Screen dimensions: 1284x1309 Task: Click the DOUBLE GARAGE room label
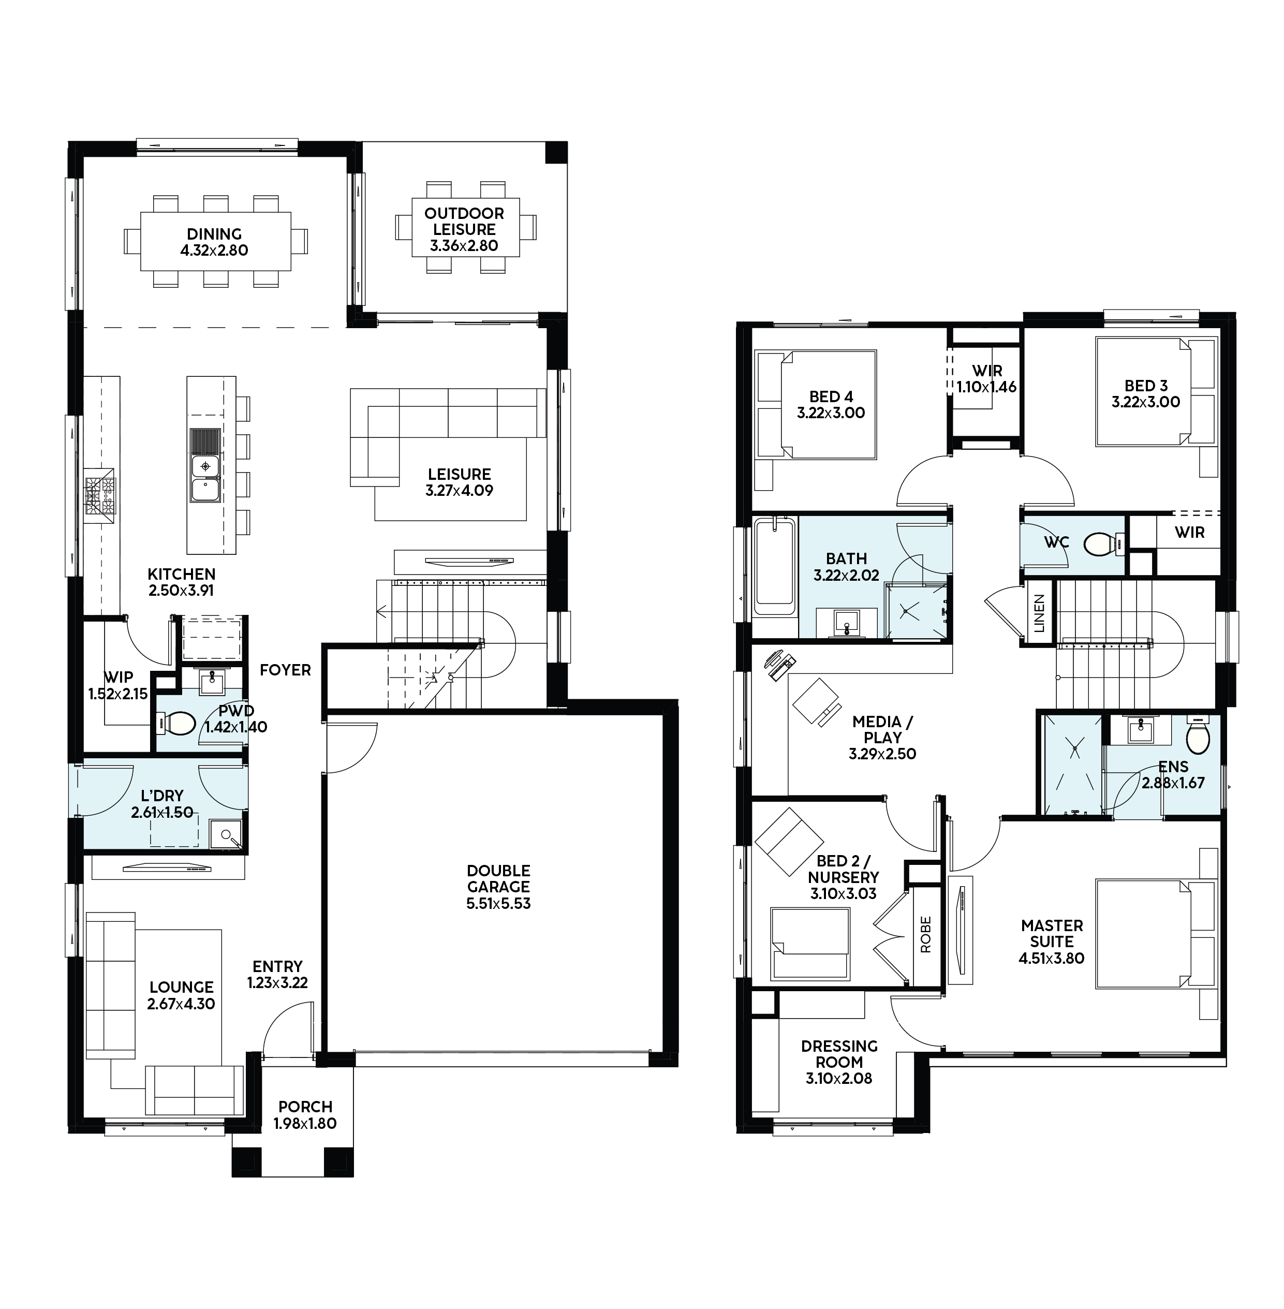pos(498,879)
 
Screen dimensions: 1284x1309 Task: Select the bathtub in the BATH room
pos(775,562)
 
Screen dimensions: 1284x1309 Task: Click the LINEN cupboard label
pos(1039,613)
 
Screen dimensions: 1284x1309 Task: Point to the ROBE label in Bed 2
pos(925,934)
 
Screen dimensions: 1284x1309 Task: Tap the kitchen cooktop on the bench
pos(100,495)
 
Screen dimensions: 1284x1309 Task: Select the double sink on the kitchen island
pos(205,478)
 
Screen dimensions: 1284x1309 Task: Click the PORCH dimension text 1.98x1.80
pos(305,1123)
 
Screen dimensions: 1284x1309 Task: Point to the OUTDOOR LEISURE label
pos(465,221)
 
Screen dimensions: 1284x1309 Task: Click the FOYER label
pos(285,670)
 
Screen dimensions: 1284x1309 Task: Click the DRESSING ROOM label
pos(839,1053)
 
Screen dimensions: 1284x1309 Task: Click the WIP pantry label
pos(118,676)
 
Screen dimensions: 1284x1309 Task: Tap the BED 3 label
pos(1146,386)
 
